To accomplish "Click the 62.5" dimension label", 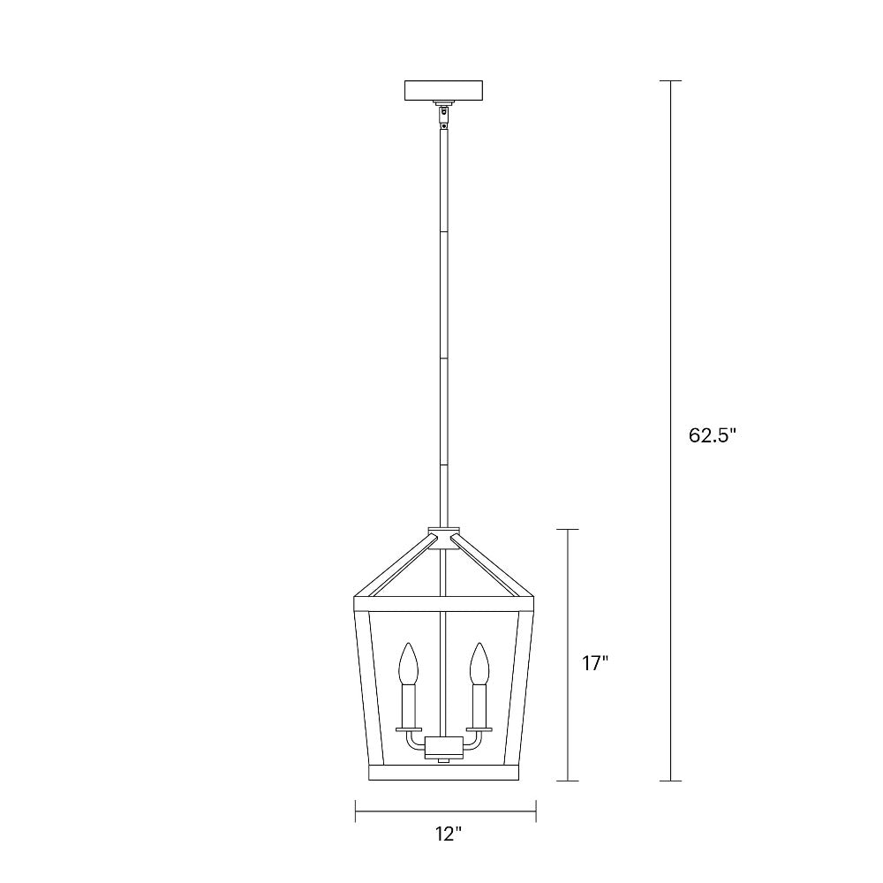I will (712, 435).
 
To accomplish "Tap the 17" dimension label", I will (596, 663).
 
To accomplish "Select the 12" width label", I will (448, 833).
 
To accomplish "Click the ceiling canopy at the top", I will (444, 91).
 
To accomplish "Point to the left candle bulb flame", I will (408, 664).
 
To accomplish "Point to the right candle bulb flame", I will (479, 664).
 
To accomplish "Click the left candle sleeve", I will (408, 706).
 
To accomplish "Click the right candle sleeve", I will (479, 706).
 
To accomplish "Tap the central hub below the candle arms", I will (444, 748).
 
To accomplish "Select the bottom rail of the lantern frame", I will (444, 774).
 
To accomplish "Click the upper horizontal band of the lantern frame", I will (444, 605).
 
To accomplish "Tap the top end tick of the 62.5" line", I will (670, 81).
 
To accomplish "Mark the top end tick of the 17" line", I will (567, 529).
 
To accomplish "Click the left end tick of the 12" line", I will (355, 810).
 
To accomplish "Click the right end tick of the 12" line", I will (536, 810).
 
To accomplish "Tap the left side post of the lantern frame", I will (361, 689).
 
